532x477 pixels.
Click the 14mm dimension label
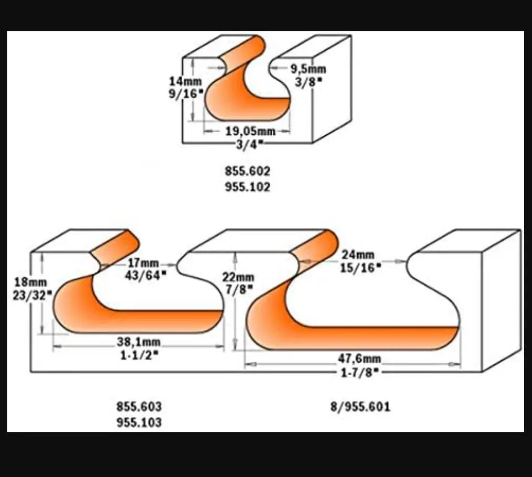point(185,82)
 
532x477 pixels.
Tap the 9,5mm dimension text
point(308,69)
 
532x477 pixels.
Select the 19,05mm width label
point(251,131)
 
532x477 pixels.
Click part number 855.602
point(248,171)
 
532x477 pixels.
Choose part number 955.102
point(248,187)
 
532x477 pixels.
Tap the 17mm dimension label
point(143,263)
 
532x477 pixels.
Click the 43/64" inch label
point(146,276)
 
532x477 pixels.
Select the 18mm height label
point(30,283)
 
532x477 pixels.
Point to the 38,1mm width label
point(138,342)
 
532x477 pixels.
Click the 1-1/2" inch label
point(140,355)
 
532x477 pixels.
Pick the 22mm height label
point(238,278)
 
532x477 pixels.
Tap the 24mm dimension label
point(358,254)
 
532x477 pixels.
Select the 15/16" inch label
point(361,268)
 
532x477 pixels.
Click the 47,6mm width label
point(360,359)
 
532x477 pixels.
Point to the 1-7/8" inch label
point(360,373)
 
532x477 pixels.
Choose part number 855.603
point(139,407)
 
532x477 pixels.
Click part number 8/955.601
point(361,407)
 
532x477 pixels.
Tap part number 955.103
point(139,422)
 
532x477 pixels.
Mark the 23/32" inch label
point(32,296)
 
